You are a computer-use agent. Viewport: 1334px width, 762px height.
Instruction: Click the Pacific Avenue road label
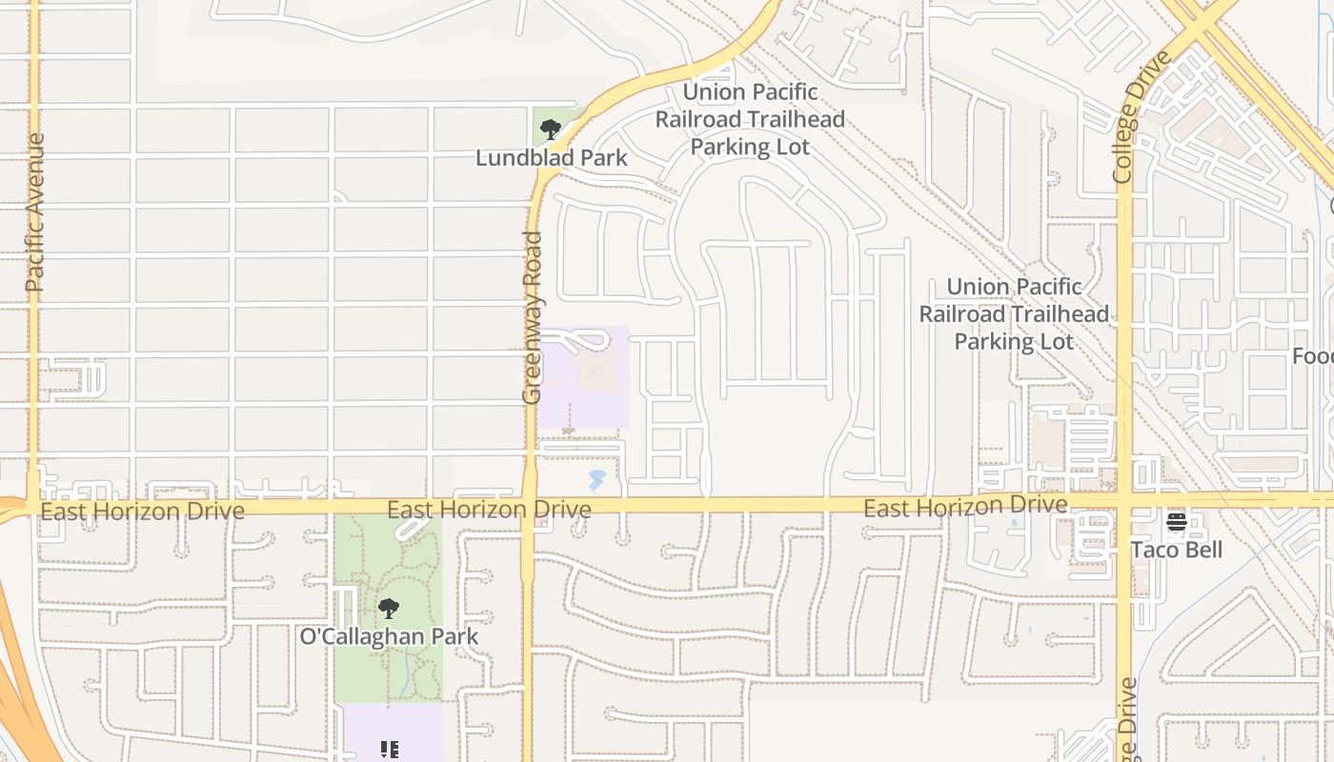pyautogui.click(x=35, y=212)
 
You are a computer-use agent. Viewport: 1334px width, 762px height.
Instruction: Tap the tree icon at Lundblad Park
pyautogui.click(x=550, y=130)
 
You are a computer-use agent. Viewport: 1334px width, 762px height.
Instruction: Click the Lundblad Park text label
pyautogui.click(x=552, y=158)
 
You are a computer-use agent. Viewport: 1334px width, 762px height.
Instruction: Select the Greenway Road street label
pyautogui.click(x=532, y=317)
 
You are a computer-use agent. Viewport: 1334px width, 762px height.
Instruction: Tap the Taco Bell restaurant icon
pyautogui.click(x=1176, y=522)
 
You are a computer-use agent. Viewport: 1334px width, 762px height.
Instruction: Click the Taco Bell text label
pyautogui.click(x=1176, y=551)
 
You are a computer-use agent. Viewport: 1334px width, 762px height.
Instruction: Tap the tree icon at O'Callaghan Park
pyautogui.click(x=388, y=608)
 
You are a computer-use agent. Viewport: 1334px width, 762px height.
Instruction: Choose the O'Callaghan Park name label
pyautogui.click(x=389, y=636)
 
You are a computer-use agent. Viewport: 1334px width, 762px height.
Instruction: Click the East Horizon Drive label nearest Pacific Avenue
pyautogui.click(x=143, y=511)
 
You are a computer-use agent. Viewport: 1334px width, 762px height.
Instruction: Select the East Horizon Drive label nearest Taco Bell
pyautogui.click(x=964, y=507)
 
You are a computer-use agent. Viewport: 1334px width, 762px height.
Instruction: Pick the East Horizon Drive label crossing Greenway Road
pyautogui.click(x=489, y=511)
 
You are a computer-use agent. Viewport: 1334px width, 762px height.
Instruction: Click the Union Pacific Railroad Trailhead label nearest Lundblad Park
pyautogui.click(x=751, y=119)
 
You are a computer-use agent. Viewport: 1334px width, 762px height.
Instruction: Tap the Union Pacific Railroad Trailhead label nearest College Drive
pyautogui.click(x=1014, y=313)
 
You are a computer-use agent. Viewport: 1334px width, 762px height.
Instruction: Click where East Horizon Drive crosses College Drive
pyautogui.click(x=1124, y=501)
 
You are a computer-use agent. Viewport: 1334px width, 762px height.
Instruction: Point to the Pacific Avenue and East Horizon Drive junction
pyautogui.click(x=34, y=506)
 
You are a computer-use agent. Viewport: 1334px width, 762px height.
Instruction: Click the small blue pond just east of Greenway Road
pyautogui.click(x=596, y=477)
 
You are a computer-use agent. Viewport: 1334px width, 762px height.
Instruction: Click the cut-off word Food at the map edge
pyautogui.click(x=1313, y=356)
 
